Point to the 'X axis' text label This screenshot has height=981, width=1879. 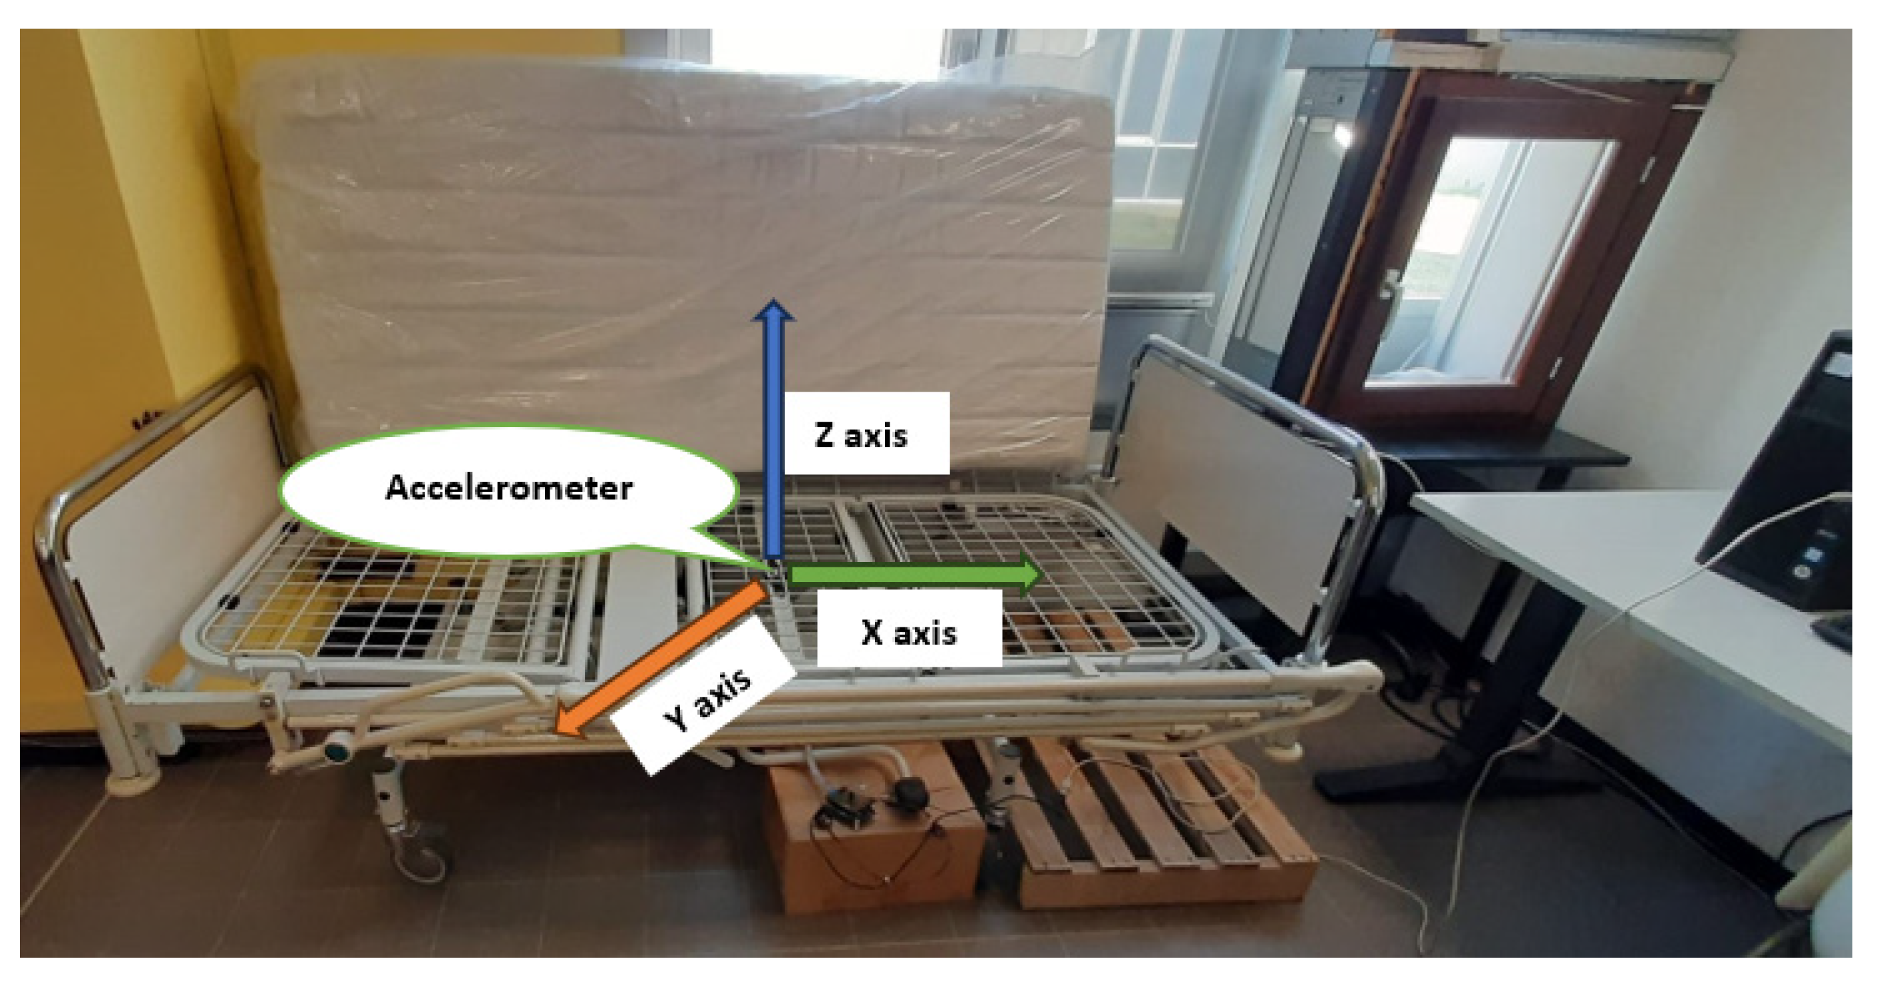(909, 632)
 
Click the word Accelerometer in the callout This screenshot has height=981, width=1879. (508, 488)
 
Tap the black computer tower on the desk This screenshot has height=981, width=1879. (1794, 474)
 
